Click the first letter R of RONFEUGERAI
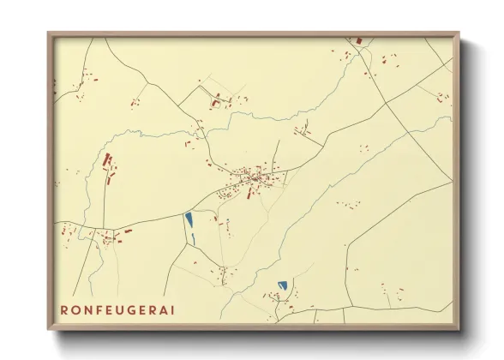pyautogui.click(x=63, y=309)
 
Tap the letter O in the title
pyautogui.click(x=77, y=309)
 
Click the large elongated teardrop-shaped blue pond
pyautogui.click(x=188, y=219)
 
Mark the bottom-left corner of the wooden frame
pyautogui.click(x=48, y=329)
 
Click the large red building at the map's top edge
pyautogui.click(x=358, y=39)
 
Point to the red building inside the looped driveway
pyautogui.click(x=216, y=100)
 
